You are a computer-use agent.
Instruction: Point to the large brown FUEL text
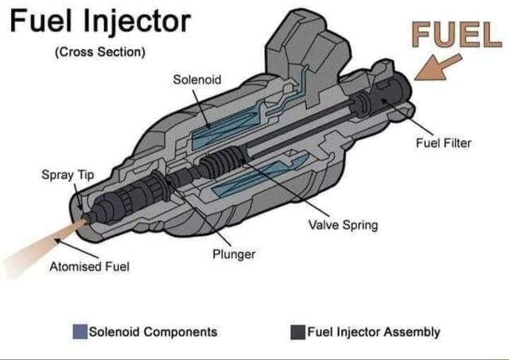450,34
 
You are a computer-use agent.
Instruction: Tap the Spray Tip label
59,174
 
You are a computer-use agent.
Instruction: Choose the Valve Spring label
343,225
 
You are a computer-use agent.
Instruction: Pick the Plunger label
234,254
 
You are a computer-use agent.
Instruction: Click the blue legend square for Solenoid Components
80,331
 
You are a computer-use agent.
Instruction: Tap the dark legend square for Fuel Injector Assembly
297,331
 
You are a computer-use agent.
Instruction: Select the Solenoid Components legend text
153,331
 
